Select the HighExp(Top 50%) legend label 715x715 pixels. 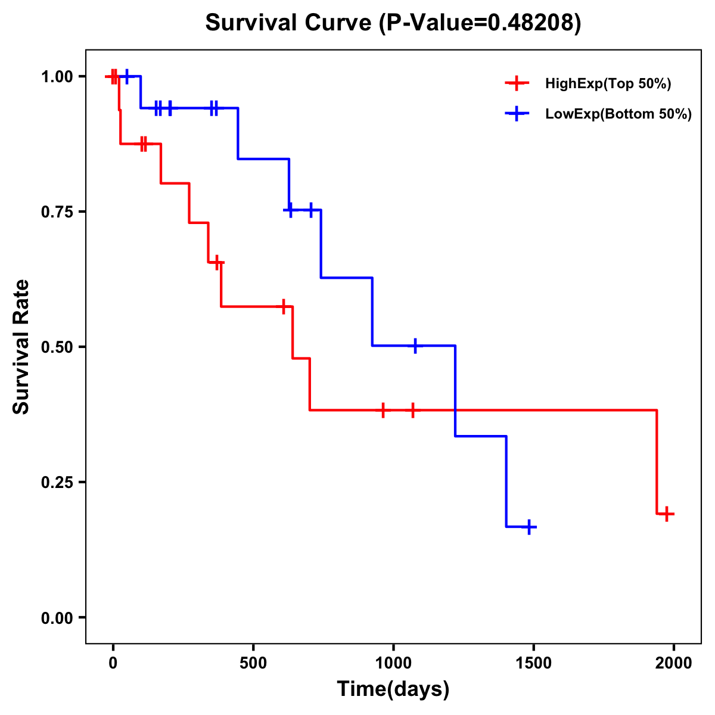point(608,84)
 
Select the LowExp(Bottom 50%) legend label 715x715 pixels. point(618,114)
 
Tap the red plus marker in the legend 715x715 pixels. point(517,83)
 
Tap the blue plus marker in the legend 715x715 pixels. point(517,114)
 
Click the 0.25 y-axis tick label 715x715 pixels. point(56,482)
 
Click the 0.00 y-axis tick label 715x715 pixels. point(56,617)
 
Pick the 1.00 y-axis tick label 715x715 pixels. point(56,76)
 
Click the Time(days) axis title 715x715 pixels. point(393,689)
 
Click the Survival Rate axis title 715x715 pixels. point(21,347)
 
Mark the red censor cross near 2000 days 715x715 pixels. point(667,513)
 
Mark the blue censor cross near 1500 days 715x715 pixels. point(528,527)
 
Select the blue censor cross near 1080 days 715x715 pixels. point(415,345)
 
